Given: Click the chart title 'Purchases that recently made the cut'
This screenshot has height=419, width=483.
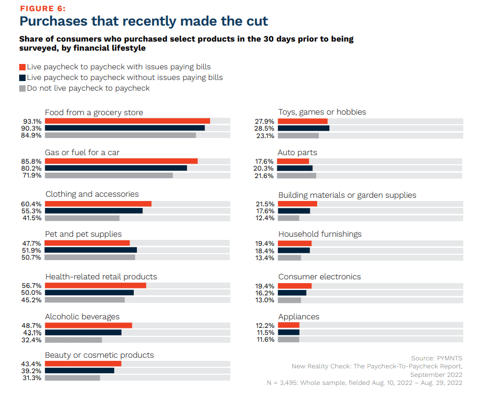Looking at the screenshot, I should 143,21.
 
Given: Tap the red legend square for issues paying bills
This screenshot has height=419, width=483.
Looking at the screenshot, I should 22,67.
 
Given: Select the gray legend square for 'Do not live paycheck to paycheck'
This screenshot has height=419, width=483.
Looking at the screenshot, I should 22,88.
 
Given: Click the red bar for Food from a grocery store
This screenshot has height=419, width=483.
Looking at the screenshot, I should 127,121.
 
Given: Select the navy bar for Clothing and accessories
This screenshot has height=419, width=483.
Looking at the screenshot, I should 94,210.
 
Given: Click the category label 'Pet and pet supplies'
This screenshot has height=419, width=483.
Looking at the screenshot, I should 83,234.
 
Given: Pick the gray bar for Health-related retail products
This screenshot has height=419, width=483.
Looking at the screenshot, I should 85,300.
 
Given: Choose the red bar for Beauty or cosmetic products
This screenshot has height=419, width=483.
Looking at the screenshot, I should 83,364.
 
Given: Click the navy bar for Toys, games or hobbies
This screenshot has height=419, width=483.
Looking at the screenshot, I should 303,128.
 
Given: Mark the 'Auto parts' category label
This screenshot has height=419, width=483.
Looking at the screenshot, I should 297,152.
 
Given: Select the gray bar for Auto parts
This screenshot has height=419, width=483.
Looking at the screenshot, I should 297,175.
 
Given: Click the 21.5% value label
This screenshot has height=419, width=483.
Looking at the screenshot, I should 265,204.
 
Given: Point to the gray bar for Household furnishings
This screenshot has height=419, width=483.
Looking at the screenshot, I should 289,257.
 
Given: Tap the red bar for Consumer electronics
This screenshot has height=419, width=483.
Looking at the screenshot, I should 295,286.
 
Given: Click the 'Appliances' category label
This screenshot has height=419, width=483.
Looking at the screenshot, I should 299,317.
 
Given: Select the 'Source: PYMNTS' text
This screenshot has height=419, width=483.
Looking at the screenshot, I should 436,358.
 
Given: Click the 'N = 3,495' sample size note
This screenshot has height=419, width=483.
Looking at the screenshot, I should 364,383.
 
